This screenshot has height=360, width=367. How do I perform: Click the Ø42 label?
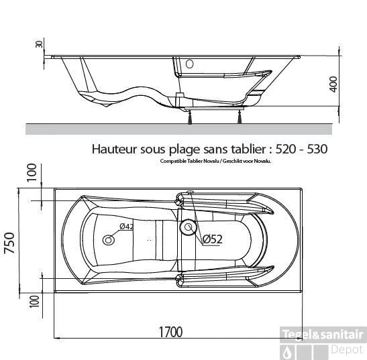click(127, 227)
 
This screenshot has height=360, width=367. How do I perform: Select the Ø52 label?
click(213, 238)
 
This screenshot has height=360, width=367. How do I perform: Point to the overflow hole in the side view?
click(189, 65)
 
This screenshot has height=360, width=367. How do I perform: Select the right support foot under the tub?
click(238, 118)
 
